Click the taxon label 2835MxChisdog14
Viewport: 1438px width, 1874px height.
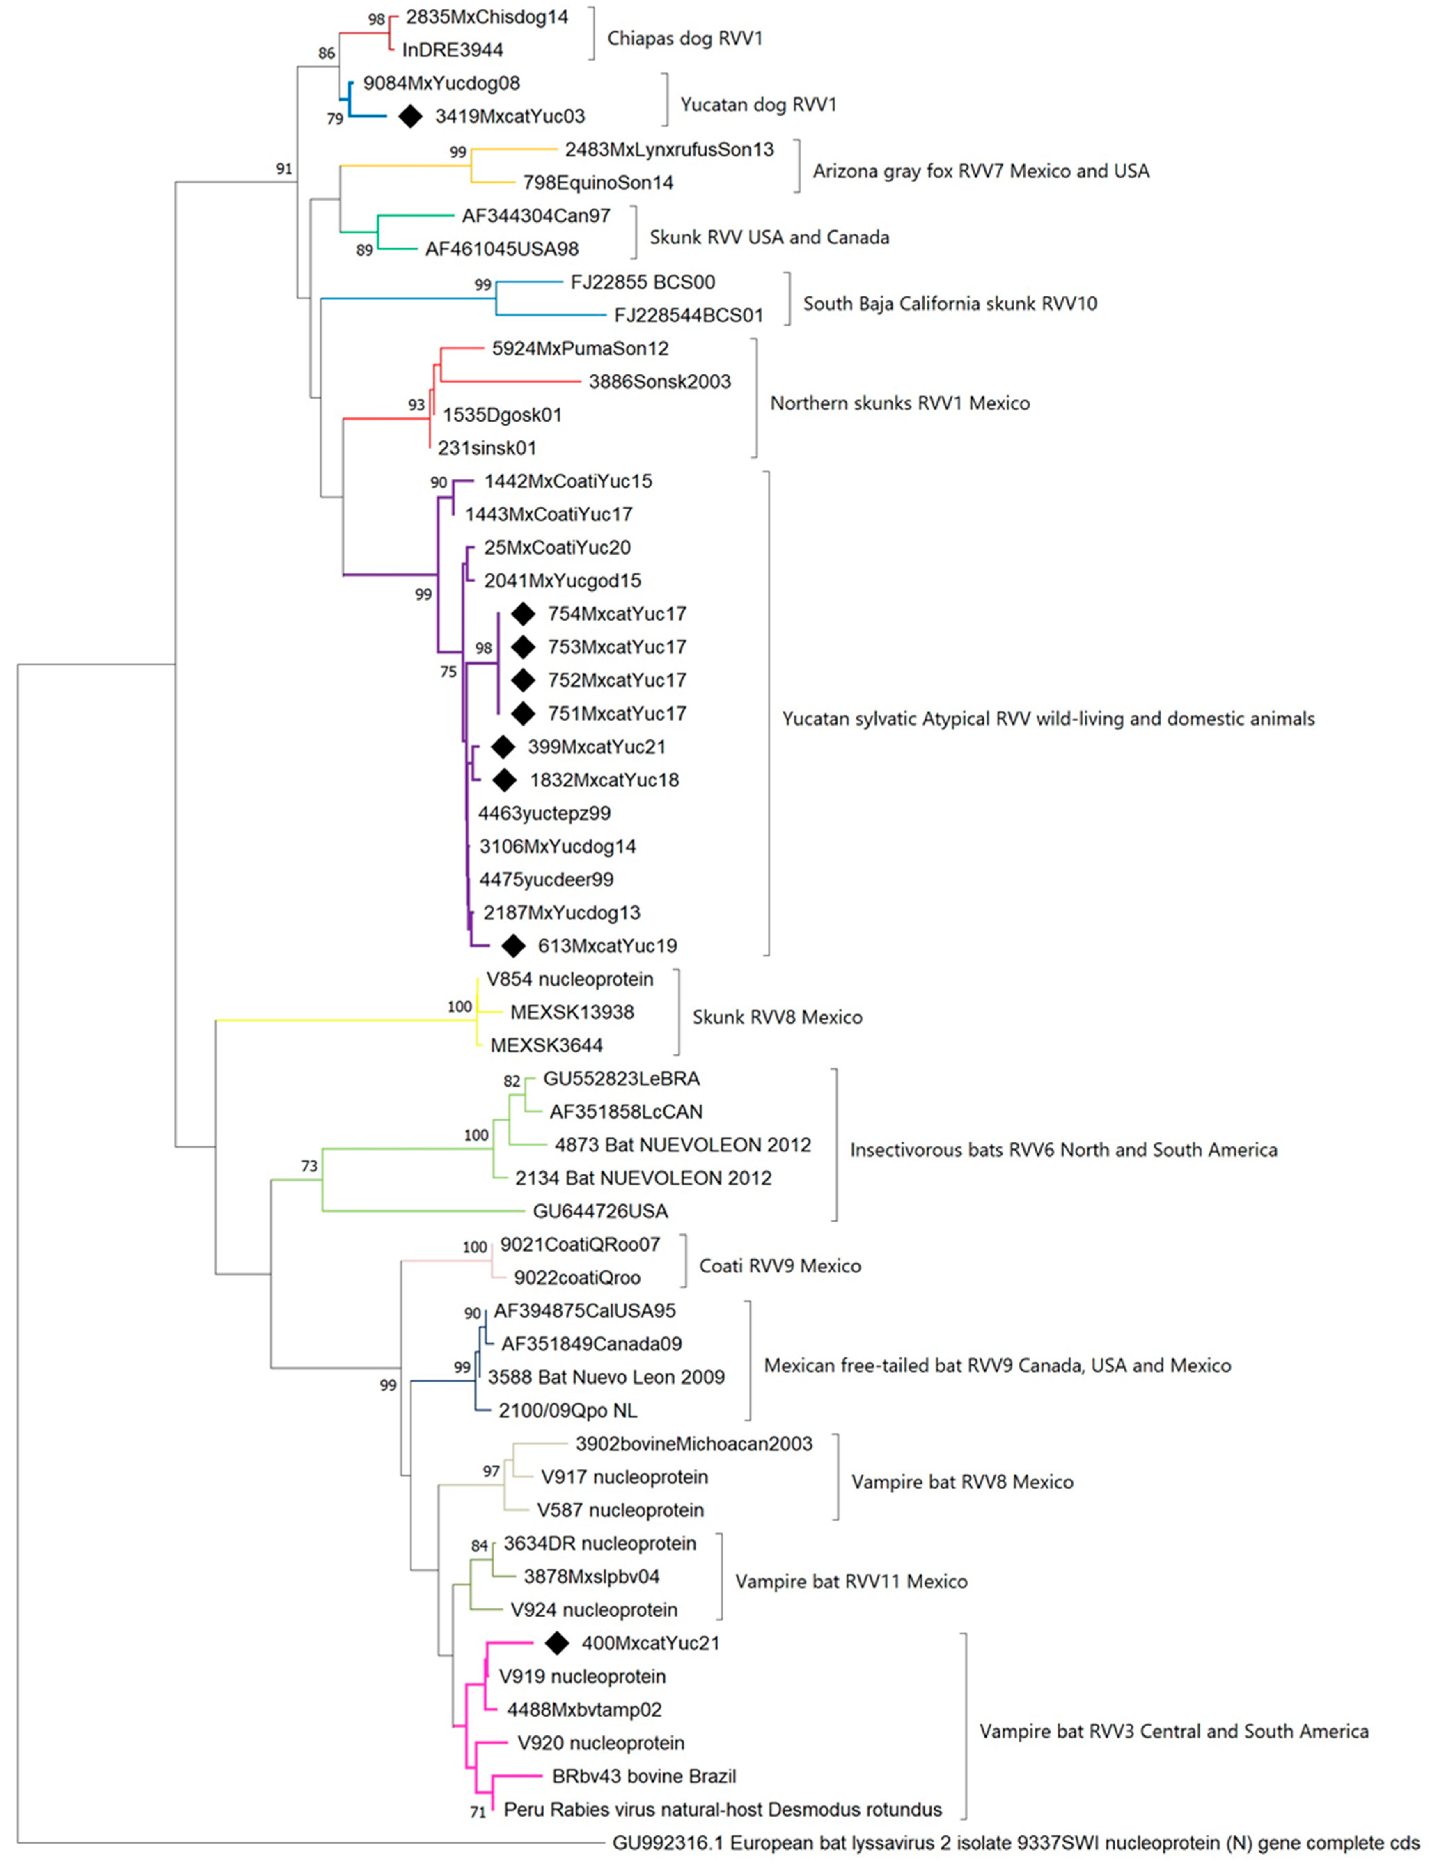point(486,17)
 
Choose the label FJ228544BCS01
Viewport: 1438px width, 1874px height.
point(688,315)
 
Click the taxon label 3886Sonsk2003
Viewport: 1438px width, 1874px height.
point(659,382)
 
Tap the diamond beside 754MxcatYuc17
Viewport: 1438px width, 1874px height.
point(523,614)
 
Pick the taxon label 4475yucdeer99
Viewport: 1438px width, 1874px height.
point(546,879)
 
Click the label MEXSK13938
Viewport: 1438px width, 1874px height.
point(572,1012)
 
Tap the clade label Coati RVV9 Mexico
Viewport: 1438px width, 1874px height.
point(780,1265)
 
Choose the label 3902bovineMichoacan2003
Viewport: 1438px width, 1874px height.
point(693,1443)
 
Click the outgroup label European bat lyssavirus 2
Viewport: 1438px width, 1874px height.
point(1015,1842)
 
